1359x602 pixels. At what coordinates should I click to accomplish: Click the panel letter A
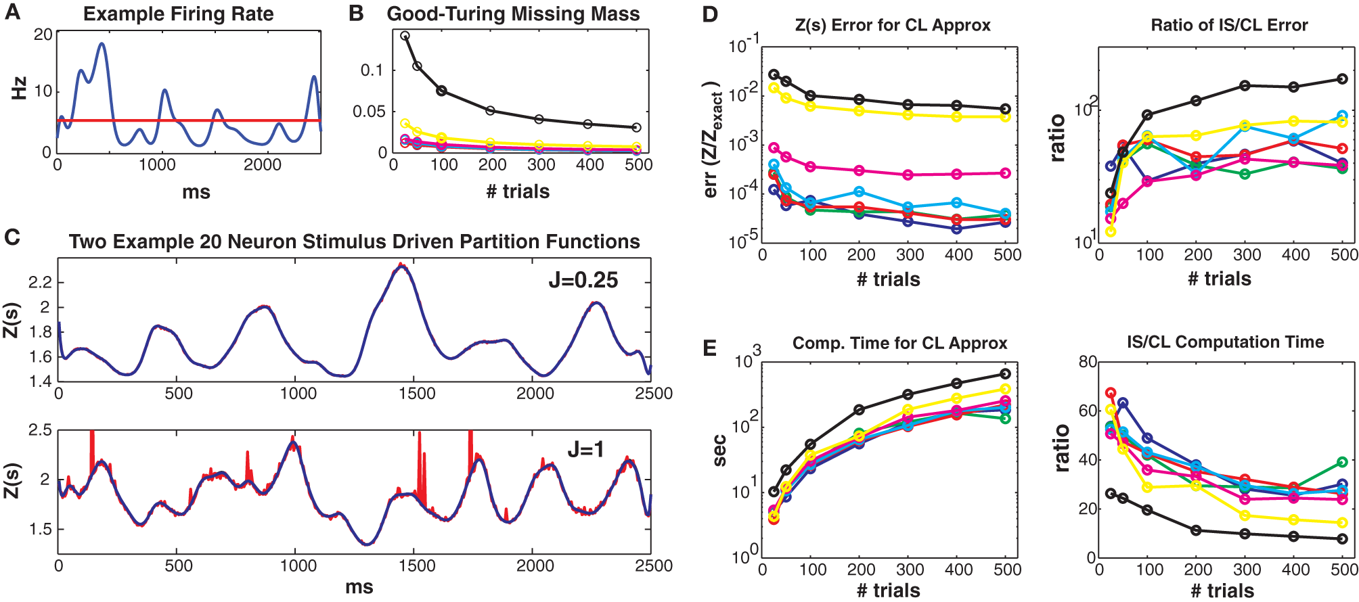click(x=12, y=13)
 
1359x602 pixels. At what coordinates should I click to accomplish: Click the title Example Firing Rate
click(x=178, y=14)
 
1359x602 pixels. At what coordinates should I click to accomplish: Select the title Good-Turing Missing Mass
click(x=513, y=14)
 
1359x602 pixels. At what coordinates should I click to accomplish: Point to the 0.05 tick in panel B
click(x=368, y=112)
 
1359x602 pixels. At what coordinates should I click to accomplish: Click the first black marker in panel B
click(x=405, y=36)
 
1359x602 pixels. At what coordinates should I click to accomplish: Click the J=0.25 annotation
click(x=583, y=280)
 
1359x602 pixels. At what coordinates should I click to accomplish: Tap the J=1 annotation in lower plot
click(x=585, y=449)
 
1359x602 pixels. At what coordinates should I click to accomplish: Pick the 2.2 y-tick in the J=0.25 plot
click(x=40, y=283)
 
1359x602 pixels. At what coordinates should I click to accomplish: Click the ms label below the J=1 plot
click(x=359, y=587)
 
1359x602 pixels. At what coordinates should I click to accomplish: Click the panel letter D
click(x=710, y=14)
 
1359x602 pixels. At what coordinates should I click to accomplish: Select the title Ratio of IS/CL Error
click(x=1229, y=26)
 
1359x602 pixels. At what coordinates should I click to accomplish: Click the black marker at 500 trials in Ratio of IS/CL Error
click(x=1342, y=79)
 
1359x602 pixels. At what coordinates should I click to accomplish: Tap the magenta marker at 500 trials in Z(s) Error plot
click(x=1005, y=173)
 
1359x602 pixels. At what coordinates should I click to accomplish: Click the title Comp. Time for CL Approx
click(x=899, y=344)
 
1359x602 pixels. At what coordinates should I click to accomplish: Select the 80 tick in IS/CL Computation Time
click(x=1087, y=362)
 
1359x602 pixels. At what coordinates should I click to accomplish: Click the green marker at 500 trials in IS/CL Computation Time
click(x=1342, y=462)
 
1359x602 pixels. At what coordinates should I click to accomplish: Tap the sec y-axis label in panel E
click(x=720, y=451)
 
